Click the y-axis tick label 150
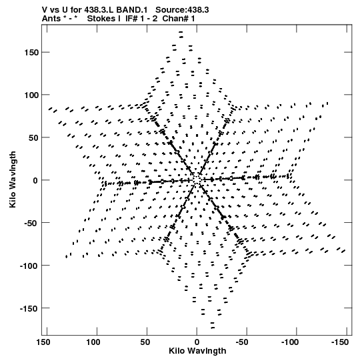coord(31,53)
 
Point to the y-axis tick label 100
coord(31,95)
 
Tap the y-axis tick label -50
coord(31,223)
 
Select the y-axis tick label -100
coord(29,266)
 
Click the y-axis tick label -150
coord(29,308)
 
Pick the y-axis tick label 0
coord(35,180)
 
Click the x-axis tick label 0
coord(197,342)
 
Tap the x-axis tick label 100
coord(93,342)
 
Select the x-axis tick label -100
coord(290,342)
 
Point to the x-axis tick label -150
coord(340,342)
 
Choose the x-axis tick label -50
coord(242,342)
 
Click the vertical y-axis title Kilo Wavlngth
coord(13,179)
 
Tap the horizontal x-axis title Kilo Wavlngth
coord(197,351)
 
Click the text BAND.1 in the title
coord(132,10)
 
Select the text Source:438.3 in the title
coord(182,10)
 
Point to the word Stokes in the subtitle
coord(103,19)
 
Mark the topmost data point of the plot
coord(181,32)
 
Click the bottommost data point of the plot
coord(213,328)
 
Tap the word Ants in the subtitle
coord(51,19)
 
